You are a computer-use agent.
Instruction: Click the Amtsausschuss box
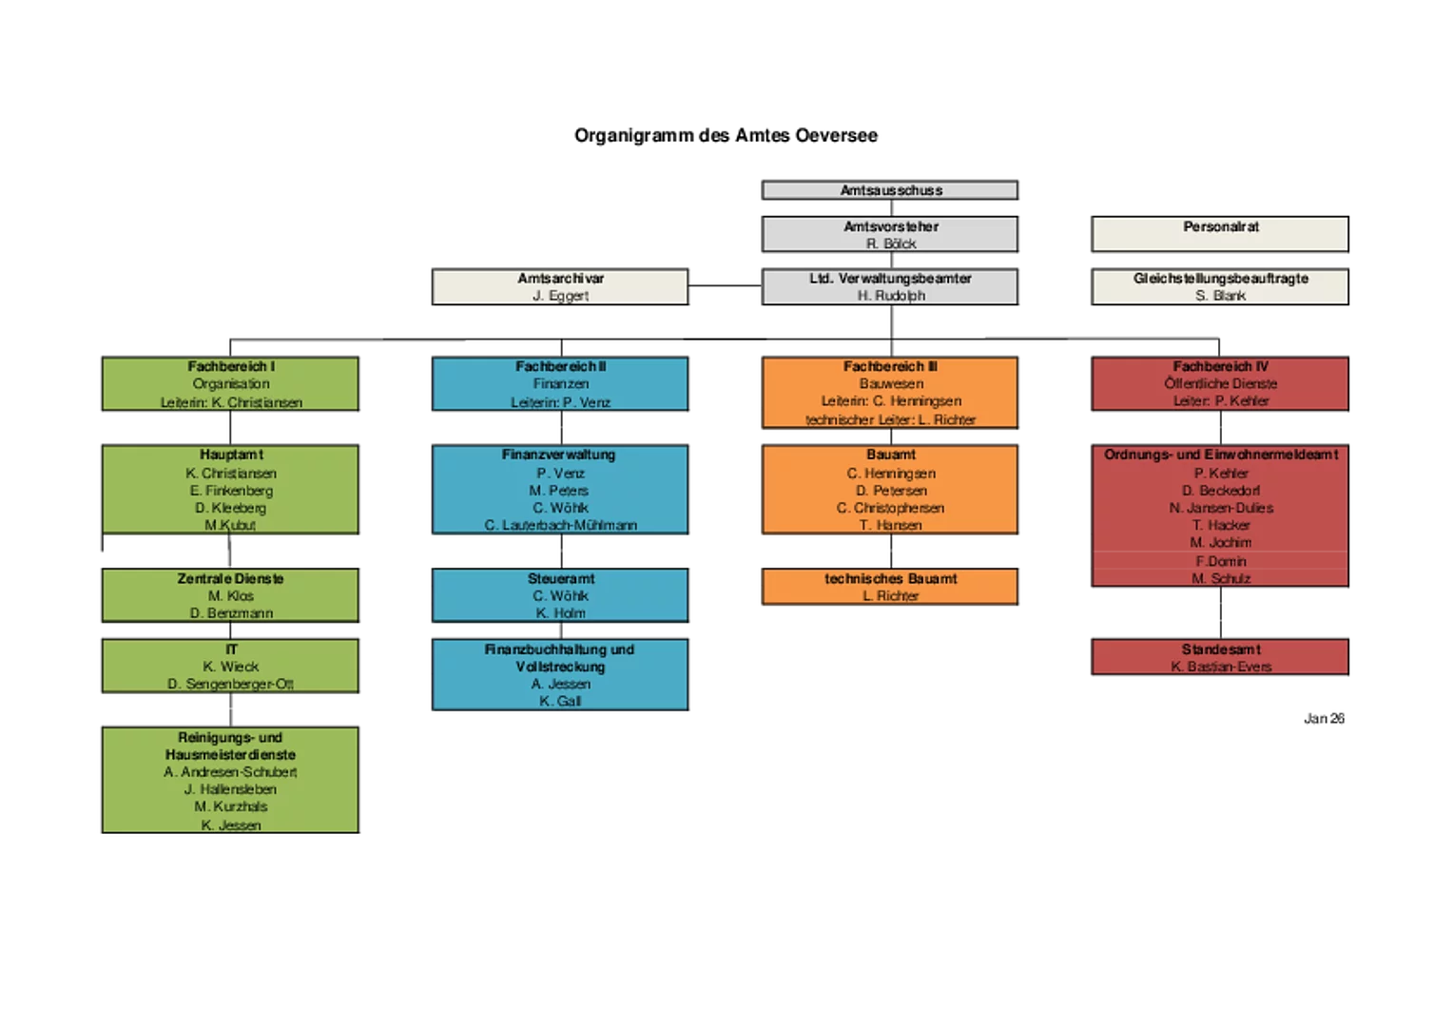[x=890, y=190]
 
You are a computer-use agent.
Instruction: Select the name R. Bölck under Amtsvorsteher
[x=891, y=244]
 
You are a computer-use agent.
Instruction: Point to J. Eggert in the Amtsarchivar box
[x=560, y=296]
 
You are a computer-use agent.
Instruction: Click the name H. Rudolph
[x=891, y=296]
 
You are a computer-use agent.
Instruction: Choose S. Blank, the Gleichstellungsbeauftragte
[x=1220, y=296]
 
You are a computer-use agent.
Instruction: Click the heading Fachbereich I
[x=231, y=366]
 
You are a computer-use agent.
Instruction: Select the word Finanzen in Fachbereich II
[x=560, y=383]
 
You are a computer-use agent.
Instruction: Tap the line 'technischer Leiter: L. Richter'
[x=891, y=419]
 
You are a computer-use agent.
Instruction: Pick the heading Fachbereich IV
[x=1220, y=366]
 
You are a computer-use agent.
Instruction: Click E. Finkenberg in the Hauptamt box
[x=231, y=491]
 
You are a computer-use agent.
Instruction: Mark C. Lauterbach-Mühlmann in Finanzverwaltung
[x=560, y=525]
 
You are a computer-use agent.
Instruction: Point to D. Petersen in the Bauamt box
[x=891, y=491]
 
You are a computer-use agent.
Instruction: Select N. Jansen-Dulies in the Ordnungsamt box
[x=1220, y=508]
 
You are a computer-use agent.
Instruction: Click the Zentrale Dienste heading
[x=230, y=578]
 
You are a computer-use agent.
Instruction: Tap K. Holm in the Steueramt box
[x=560, y=613]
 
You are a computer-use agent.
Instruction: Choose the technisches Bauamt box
[x=890, y=586]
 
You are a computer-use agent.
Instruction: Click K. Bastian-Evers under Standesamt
[x=1220, y=667]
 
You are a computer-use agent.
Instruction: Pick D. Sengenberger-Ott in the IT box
[x=231, y=684]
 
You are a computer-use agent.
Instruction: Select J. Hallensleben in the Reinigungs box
[x=230, y=789]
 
